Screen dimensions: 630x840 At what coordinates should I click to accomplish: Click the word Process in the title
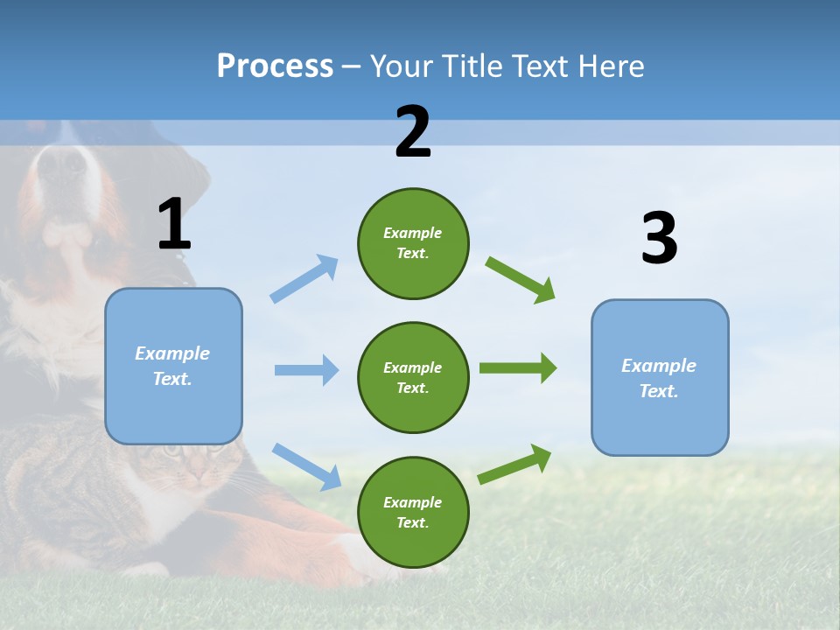pos(275,66)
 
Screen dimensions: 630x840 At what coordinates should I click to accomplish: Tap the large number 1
pos(173,225)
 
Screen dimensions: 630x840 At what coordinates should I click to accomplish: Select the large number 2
pos(413,132)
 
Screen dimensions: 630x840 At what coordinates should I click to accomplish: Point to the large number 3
pos(659,239)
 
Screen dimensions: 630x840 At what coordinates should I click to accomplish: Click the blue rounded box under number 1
pos(173,366)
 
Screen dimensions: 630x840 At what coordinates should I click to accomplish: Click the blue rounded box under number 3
pos(660,377)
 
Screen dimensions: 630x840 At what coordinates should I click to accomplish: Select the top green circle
pos(413,243)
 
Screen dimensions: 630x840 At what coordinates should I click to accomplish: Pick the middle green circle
pos(413,377)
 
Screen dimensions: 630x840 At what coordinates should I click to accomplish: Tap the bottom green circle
pos(413,512)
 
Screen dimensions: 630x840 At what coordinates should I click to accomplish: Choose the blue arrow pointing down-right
pos(306,465)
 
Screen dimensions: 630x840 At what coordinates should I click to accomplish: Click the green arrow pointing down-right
pos(521,279)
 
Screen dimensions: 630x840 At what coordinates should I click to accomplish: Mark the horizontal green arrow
pos(517,367)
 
